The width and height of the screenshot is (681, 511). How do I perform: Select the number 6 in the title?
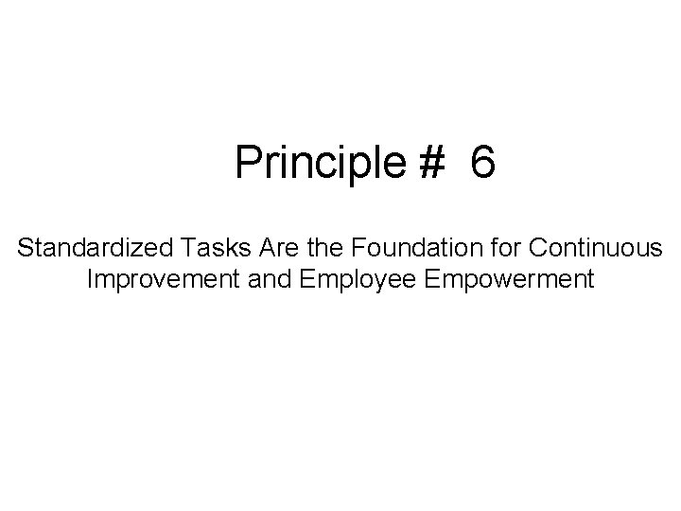(x=481, y=163)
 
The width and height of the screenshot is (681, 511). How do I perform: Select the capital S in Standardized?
(x=25, y=250)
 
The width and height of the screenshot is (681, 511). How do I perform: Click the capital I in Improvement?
(x=89, y=280)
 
